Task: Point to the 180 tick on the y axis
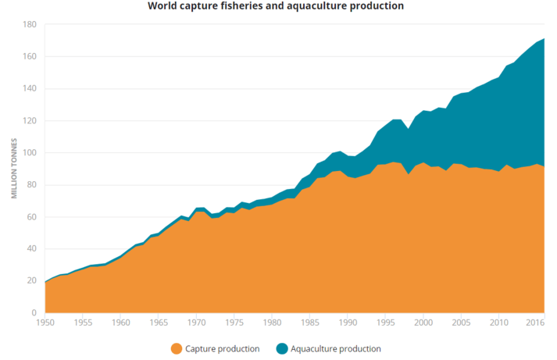pyautogui.click(x=30, y=24)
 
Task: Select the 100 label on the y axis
pyautogui.click(x=30, y=152)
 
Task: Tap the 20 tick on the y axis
pyautogui.click(x=32, y=280)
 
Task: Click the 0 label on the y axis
pyautogui.click(x=34, y=312)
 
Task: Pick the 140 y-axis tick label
pyautogui.click(x=30, y=88)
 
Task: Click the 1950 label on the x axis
pyautogui.click(x=45, y=322)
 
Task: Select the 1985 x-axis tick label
pyautogui.click(x=309, y=322)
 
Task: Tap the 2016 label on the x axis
pyautogui.click(x=534, y=322)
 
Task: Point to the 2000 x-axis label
pyautogui.click(x=423, y=322)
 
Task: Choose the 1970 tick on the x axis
pyautogui.click(x=196, y=322)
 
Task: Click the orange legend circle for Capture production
pyautogui.click(x=176, y=348)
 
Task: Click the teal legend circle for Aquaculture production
pyautogui.click(x=281, y=348)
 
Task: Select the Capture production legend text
pyautogui.click(x=222, y=348)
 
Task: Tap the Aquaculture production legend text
pyautogui.click(x=337, y=348)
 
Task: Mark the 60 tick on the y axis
pyautogui.click(x=32, y=216)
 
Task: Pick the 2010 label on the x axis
pyautogui.click(x=498, y=322)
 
